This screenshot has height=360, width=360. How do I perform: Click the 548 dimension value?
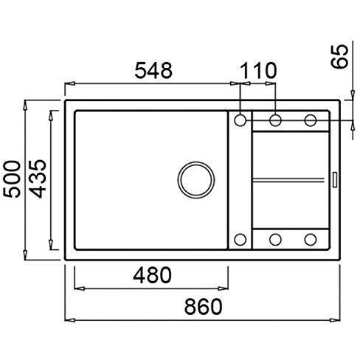pyautogui.click(x=153, y=70)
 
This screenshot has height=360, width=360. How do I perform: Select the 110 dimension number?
pyautogui.click(x=258, y=70)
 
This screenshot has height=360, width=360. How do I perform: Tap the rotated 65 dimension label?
pyautogui.click(x=340, y=56)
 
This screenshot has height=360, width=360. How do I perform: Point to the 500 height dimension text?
pyautogui.click(x=12, y=179)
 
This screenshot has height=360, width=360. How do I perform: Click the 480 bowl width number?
pyautogui.click(x=152, y=275)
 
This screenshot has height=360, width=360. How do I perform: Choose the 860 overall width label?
pyautogui.click(x=204, y=306)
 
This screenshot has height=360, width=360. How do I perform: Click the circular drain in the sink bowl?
pyautogui.click(x=196, y=180)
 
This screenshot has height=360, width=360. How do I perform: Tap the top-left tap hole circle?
pyautogui.click(x=240, y=120)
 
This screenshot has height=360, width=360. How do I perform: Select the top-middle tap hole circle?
pyautogui.click(x=275, y=120)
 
